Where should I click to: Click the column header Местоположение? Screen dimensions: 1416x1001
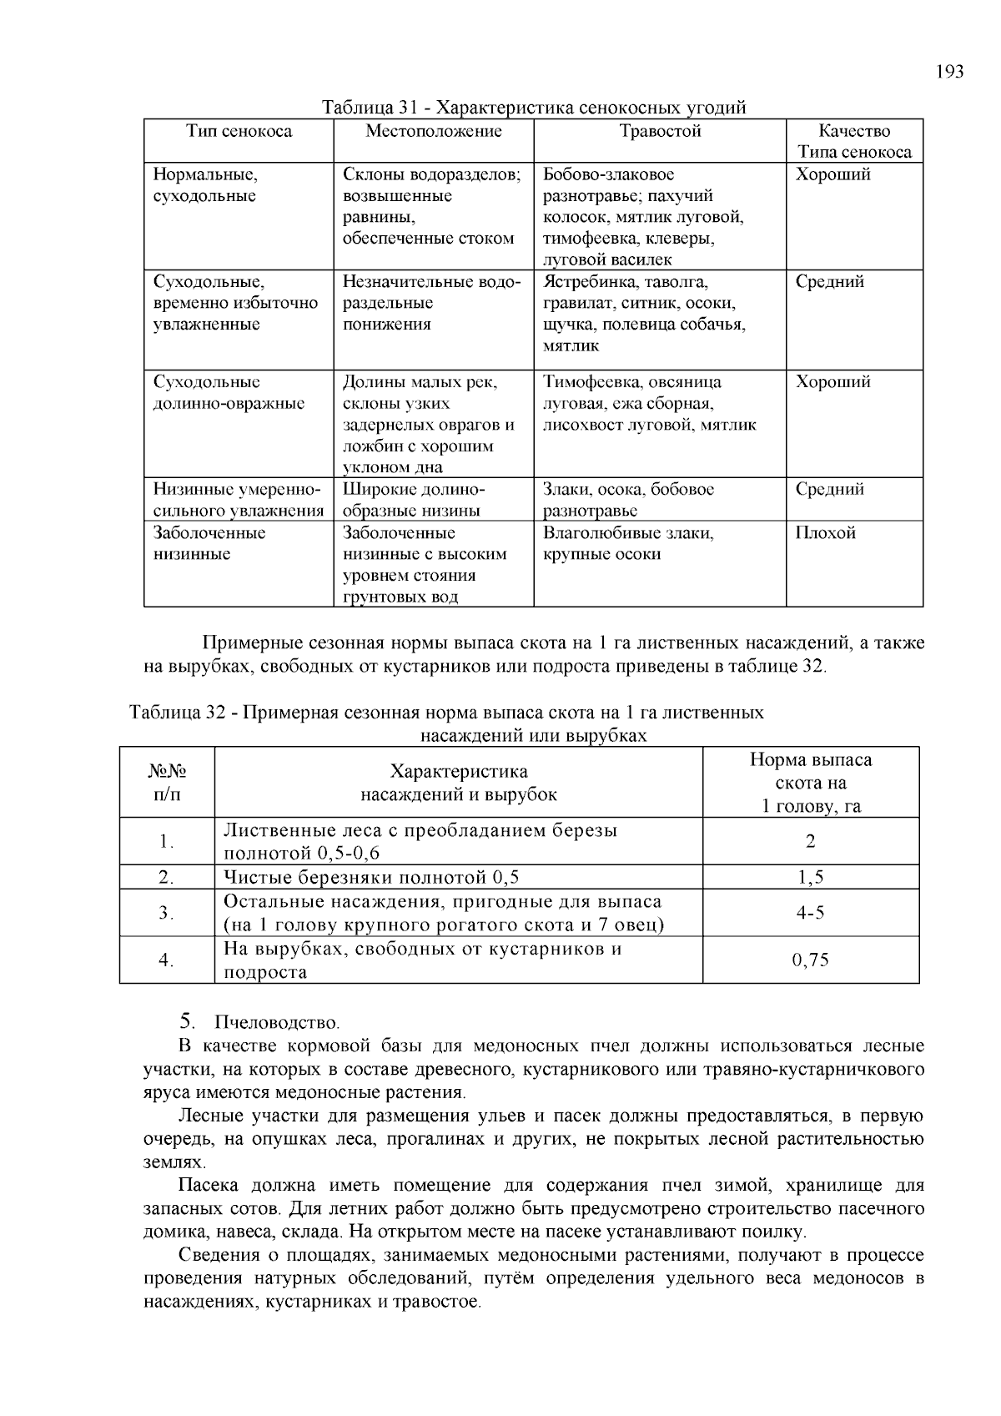click(x=434, y=131)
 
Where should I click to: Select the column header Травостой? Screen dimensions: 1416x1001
click(x=660, y=131)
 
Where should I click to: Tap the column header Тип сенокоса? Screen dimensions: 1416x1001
click(x=239, y=131)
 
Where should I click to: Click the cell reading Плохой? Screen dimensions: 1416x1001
click(x=825, y=533)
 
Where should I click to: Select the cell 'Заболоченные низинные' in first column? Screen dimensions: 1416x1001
click(x=209, y=543)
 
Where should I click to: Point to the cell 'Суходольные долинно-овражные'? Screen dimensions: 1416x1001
click(x=229, y=393)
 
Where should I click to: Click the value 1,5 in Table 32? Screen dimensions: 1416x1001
click(x=810, y=877)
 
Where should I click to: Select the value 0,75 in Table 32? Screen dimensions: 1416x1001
click(x=810, y=960)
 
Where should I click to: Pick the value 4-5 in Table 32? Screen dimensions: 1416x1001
click(x=810, y=913)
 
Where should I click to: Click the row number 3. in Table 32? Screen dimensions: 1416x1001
click(x=166, y=913)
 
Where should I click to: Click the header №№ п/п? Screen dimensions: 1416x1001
click(x=166, y=783)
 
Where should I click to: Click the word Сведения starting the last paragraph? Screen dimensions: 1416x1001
click(x=213, y=1256)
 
